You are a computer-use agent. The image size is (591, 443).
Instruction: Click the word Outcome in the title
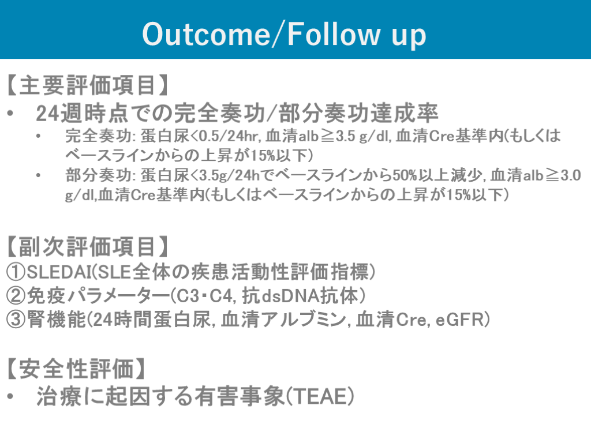[206, 34]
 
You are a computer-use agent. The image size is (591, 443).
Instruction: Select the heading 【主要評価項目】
[87, 85]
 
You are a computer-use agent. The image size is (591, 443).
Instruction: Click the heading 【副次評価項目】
[87, 247]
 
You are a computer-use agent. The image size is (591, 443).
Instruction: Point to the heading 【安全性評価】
[76, 369]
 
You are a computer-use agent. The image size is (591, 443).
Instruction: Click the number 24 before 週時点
[47, 113]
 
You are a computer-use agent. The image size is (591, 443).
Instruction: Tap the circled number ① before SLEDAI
[16, 272]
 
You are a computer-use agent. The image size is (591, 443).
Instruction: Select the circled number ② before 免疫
[16, 296]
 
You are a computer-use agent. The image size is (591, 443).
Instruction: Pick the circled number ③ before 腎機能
[16, 320]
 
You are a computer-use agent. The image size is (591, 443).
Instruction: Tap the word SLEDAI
[59, 272]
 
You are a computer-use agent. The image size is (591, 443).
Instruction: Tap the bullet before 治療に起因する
[10, 397]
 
